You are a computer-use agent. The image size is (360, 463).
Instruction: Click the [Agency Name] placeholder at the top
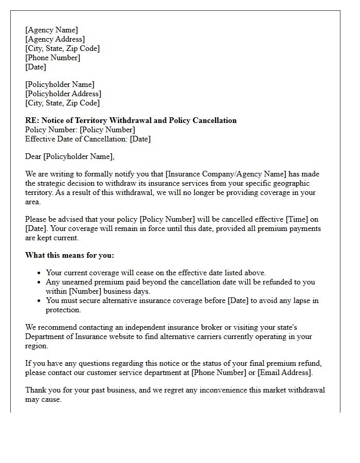(51, 30)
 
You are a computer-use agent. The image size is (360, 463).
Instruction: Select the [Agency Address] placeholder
(55, 39)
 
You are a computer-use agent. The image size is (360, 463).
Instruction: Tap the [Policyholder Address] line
(63, 94)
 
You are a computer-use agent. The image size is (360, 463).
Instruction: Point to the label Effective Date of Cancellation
(76, 139)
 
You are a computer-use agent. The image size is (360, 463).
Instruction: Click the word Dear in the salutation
(33, 156)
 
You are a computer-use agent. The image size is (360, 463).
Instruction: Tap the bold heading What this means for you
(69, 255)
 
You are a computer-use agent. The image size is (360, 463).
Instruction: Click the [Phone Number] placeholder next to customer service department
(218, 372)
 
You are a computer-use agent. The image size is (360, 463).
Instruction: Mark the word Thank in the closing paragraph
(36, 390)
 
